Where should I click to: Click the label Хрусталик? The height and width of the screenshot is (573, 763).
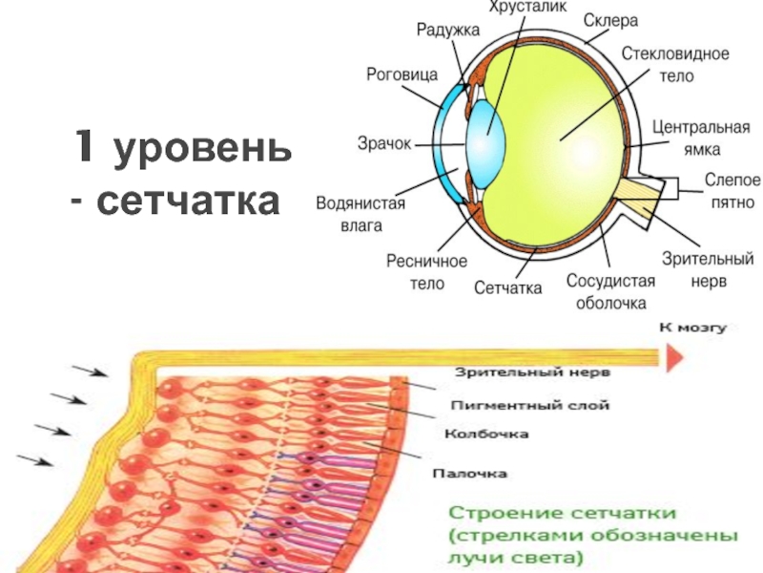pyautogui.click(x=527, y=7)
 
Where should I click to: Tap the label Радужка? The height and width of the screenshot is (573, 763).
pyautogui.click(x=447, y=30)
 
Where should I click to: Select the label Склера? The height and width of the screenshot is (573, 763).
pyautogui.click(x=610, y=20)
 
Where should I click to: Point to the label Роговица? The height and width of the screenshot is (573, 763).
pyautogui.click(x=402, y=74)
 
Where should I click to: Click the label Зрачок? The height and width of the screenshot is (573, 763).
pyautogui.click(x=384, y=144)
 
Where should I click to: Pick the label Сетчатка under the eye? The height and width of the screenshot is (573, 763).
pyautogui.click(x=507, y=287)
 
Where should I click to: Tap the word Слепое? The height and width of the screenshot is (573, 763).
pyautogui.click(x=732, y=180)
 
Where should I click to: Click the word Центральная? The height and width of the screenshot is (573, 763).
pyautogui.click(x=701, y=127)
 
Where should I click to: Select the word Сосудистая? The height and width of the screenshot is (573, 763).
pyautogui.click(x=610, y=281)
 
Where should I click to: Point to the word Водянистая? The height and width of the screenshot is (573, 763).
pyautogui.click(x=361, y=202)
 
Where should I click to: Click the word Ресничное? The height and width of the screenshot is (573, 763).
pyautogui.click(x=426, y=261)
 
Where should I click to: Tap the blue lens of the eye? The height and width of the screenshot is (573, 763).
pyautogui.click(x=485, y=145)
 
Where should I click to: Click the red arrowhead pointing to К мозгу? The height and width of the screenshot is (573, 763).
pyautogui.click(x=674, y=357)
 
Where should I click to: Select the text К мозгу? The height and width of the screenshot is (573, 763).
pyautogui.click(x=693, y=328)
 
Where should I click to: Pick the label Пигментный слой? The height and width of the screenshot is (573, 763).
pyautogui.click(x=530, y=405)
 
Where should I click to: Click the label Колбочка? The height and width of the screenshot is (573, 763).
pyautogui.click(x=486, y=434)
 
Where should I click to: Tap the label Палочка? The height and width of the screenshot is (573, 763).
pyautogui.click(x=469, y=473)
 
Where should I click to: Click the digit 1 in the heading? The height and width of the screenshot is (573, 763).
pyautogui.click(x=84, y=145)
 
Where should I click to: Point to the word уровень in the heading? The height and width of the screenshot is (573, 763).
pyautogui.click(x=202, y=149)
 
